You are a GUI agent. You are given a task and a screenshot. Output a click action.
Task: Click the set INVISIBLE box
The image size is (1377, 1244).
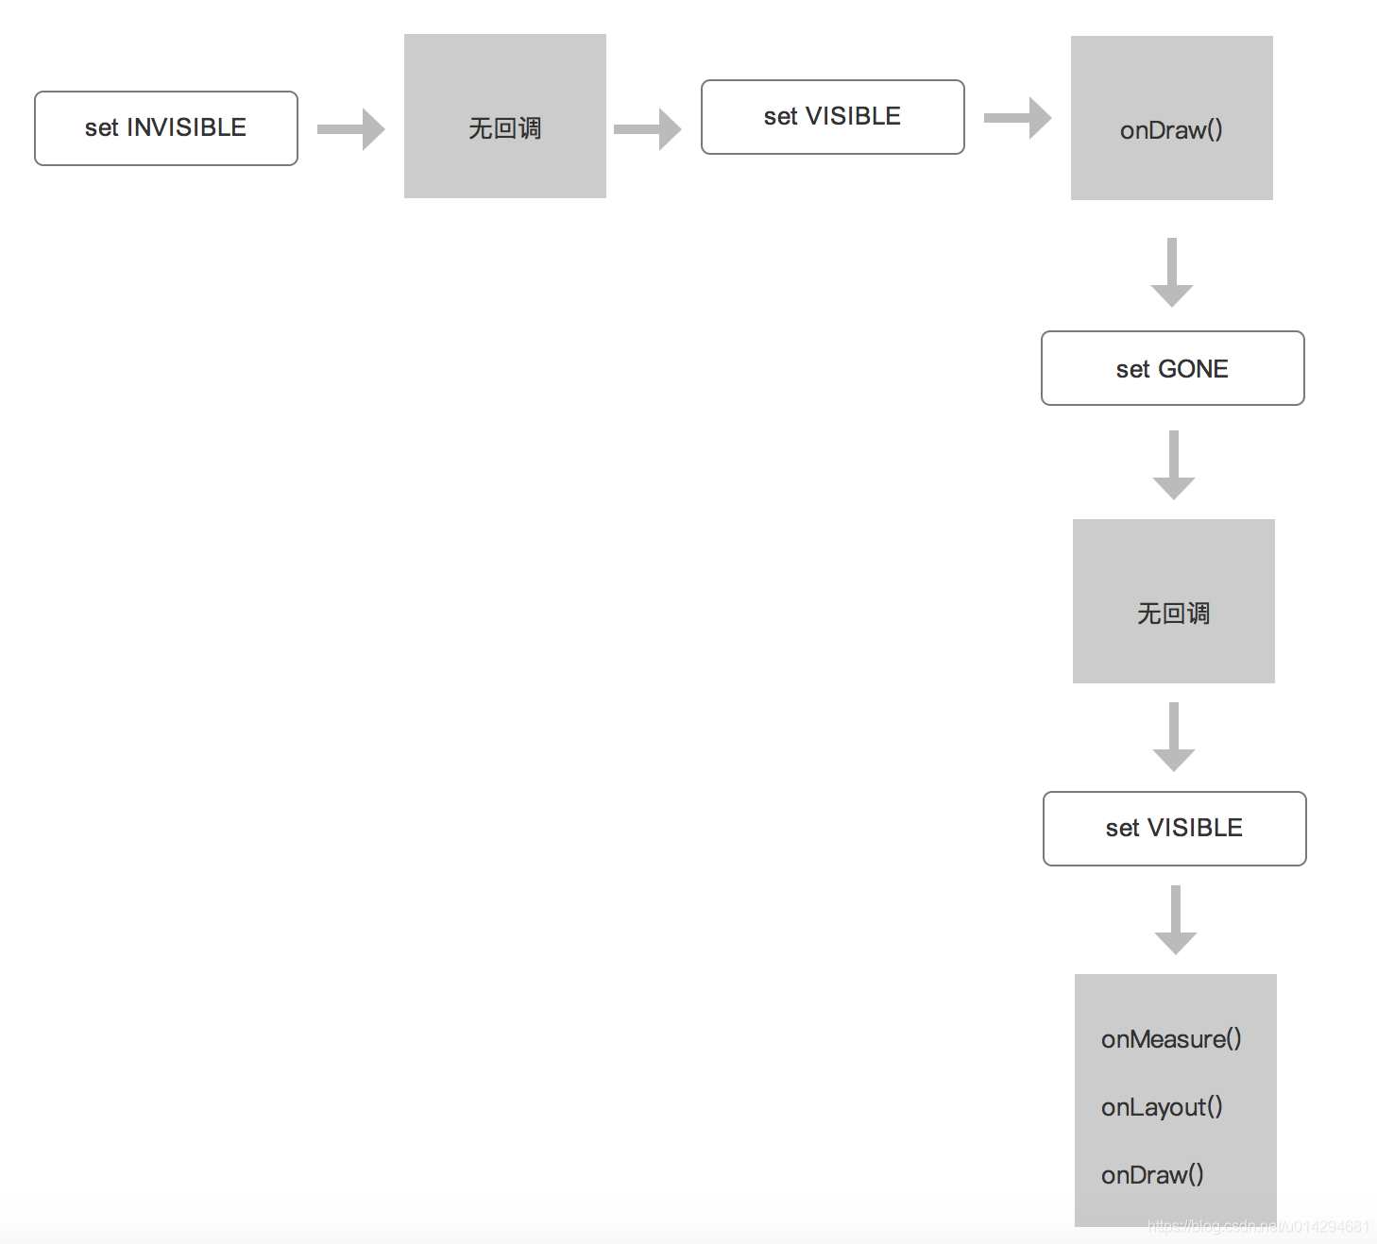tap(166, 128)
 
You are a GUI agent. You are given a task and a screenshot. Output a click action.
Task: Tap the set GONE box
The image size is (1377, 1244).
tap(1172, 368)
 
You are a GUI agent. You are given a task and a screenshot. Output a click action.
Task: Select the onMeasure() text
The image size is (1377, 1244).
tap(1171, 1039)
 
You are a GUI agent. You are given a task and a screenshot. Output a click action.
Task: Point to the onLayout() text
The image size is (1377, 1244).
tap(1162, 1107)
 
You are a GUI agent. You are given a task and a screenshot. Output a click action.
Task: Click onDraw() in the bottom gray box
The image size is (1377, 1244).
tap(1152, 1175)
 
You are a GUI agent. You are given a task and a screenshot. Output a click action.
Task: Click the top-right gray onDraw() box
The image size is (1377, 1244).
tap(1171, 118)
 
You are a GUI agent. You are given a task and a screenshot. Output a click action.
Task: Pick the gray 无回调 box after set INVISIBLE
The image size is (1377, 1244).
tap(504, 116)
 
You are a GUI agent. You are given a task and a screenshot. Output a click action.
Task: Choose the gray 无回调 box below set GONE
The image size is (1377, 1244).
tap(1173, 601)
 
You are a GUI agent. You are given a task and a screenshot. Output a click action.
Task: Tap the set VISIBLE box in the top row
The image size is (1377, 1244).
tap(832, 117)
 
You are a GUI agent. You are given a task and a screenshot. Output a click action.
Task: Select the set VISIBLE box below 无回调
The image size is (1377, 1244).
tap(1174, 829)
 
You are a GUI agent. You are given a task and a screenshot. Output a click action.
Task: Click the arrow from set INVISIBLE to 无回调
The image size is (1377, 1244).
tap(351, 129)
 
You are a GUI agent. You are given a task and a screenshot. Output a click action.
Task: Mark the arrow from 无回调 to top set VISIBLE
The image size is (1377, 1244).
tap(648, 129)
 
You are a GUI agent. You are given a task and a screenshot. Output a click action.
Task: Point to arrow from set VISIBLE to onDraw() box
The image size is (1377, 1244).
tap(1018, 118)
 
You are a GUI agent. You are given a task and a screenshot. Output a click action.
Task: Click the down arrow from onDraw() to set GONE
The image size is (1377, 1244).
tap(1172, 273)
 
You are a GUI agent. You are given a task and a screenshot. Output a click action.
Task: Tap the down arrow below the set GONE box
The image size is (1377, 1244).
tap(1174, 465)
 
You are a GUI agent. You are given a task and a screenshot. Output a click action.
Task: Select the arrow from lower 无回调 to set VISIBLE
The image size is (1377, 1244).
tap(1174, 737)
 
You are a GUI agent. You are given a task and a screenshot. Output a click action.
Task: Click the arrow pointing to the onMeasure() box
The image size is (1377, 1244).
tap(1176, 920)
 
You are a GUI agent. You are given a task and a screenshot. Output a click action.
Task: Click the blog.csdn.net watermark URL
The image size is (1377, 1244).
tap(1258, 1226)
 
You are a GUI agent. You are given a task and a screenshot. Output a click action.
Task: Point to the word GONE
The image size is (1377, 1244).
tap(1193, 369)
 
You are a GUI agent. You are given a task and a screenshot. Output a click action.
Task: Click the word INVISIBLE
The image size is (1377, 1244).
tap(186, 127)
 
